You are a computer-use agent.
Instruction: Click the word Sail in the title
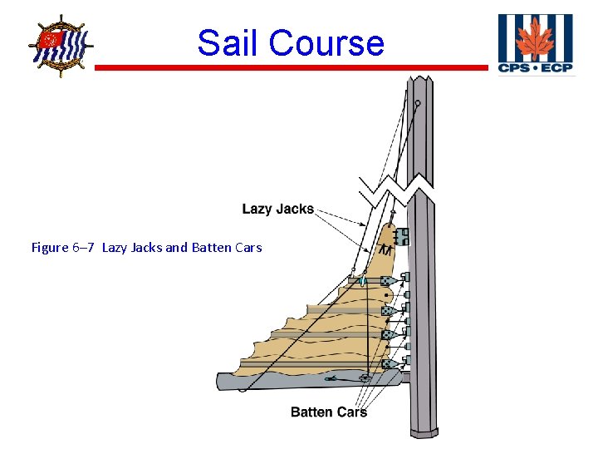(x=228, y=42)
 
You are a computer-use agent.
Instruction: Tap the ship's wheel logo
(x=60, y=45)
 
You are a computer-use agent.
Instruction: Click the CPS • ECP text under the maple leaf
(x=535, y=67)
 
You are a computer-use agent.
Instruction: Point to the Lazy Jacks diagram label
(x=277, y=209)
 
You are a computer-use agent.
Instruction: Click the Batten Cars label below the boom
(x=329, y=412)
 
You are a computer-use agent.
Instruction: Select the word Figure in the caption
(x=50, y=247)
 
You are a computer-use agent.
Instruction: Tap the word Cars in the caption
(x=248, y=247)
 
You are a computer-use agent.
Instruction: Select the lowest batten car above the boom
(x=388, y=363)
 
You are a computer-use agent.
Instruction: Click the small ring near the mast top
(x=418, y=104)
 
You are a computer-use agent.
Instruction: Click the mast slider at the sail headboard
(x=402, y=237)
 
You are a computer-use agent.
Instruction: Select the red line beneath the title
(x=291, y=67)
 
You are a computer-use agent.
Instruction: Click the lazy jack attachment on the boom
(x=364, y=378)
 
